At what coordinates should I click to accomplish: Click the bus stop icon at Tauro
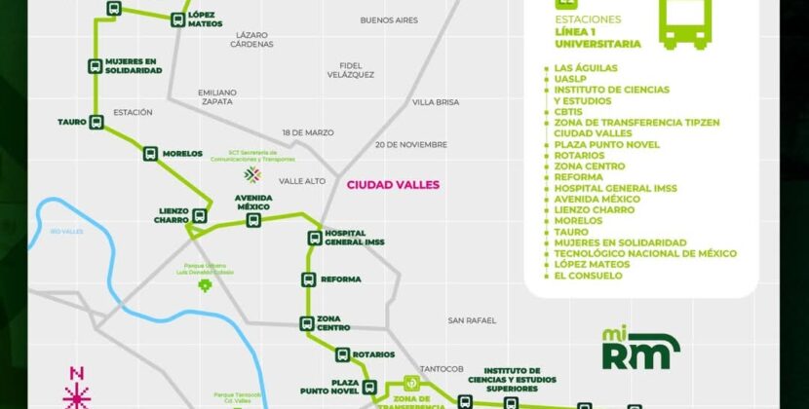click(x=96, y=122)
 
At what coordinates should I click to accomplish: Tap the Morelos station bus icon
click(x=150, y=154)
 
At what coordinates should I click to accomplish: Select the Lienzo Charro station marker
click(x=202, y=215)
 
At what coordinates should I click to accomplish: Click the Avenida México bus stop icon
click(x=253, y=220)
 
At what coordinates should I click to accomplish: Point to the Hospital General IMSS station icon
click(x=315, y=238)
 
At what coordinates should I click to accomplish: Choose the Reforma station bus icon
click(x=309, y=279)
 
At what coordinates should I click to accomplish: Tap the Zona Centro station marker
click(x=305, y=323)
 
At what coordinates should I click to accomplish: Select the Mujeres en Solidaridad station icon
click(x=95, y=66)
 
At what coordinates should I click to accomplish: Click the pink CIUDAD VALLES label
click(x=393, y=184)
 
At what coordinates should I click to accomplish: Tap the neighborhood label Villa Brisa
click(x=435, y=102)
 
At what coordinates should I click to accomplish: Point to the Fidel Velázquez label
click(x=351, y=69)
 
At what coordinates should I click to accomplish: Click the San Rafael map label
click(x=472, y=320)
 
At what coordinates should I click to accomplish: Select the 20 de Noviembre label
click(x=410, y=144)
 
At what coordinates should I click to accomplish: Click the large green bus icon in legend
click(x=685, y=24)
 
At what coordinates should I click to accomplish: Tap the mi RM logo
click(x=639, y=350)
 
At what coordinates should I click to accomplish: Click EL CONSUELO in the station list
click(x=588, y=276)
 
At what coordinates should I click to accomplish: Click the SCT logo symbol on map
click(x=252, y=174)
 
